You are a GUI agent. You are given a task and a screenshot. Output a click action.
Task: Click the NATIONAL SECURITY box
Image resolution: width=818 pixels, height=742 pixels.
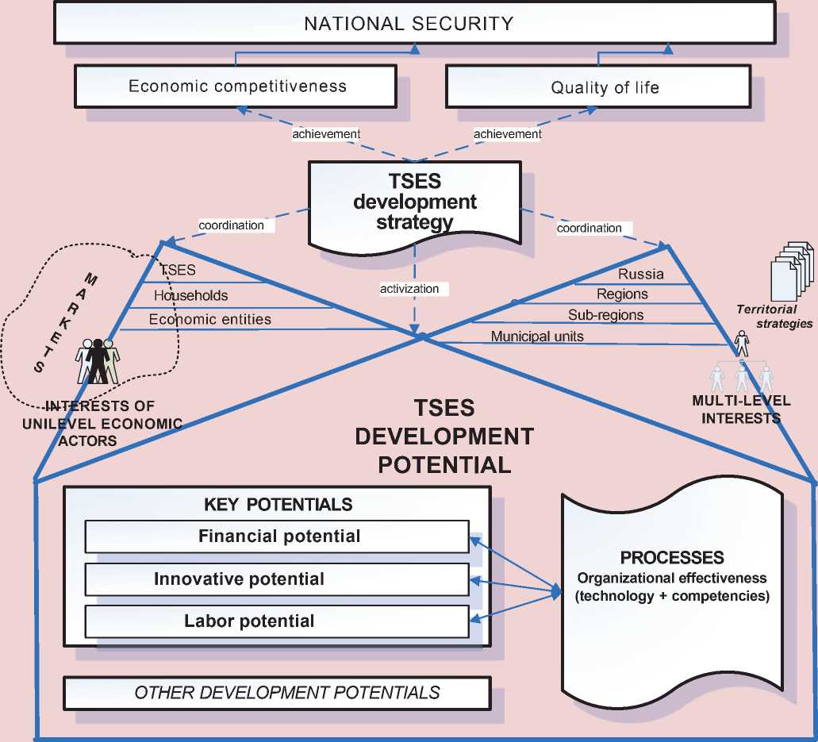tap(409, 23)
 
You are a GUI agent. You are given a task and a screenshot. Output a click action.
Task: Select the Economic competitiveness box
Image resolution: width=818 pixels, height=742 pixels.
tap(237, 86)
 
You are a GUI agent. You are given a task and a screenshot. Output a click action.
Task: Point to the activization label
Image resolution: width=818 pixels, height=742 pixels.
tap(409, 289)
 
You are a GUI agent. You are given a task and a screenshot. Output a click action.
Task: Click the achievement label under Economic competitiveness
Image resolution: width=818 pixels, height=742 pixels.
tap(326, 134)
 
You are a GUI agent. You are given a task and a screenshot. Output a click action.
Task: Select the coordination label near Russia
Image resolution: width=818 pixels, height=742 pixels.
tap(589, 228)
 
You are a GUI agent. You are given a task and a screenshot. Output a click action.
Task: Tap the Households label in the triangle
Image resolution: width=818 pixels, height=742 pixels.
tap(191, 296)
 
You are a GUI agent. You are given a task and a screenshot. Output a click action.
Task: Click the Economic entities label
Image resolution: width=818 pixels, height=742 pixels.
tap(210, 319)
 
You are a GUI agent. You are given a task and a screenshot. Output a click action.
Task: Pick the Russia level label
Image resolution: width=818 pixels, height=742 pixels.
tap(641, 275)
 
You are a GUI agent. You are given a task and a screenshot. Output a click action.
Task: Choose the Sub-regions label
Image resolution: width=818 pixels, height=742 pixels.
tap(605, 315)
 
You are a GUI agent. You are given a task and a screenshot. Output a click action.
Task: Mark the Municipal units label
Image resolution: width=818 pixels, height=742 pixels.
tap(537, 336)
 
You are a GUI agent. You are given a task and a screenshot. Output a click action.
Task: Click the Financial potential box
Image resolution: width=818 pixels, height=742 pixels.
tap(278, 536)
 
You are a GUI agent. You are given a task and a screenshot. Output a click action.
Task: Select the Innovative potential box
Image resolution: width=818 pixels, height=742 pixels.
tap(278, 579)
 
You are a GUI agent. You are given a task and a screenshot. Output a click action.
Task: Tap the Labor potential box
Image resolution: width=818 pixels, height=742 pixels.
tap(278, 621)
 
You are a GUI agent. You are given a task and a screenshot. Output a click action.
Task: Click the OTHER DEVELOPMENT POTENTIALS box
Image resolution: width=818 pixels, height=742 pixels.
tap(278, 693)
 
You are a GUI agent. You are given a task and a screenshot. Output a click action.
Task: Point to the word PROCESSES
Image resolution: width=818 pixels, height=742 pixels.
tap(671, 557)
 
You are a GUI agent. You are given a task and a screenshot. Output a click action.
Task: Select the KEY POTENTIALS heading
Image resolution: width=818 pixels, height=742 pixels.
tap(278, 505)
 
